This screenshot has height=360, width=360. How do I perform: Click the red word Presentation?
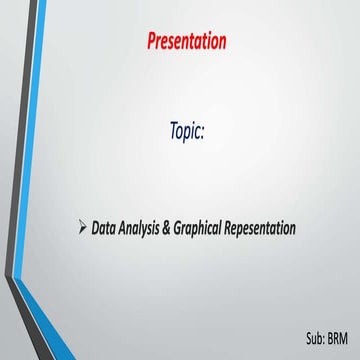tap(186, 41)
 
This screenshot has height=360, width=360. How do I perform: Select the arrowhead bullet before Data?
tap(81, 228)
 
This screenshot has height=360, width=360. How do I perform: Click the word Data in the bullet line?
tap(106, 228)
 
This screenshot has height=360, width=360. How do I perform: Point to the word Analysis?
tap(150, 229)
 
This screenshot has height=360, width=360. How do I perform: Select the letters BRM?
tap(341, 337)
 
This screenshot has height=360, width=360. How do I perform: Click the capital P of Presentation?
tap(152, 41)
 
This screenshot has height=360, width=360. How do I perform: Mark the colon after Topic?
tap(205, 132)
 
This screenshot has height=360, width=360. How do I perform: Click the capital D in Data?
tap(95, 228)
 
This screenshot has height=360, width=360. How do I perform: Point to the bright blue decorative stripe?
tap(27, 150)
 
